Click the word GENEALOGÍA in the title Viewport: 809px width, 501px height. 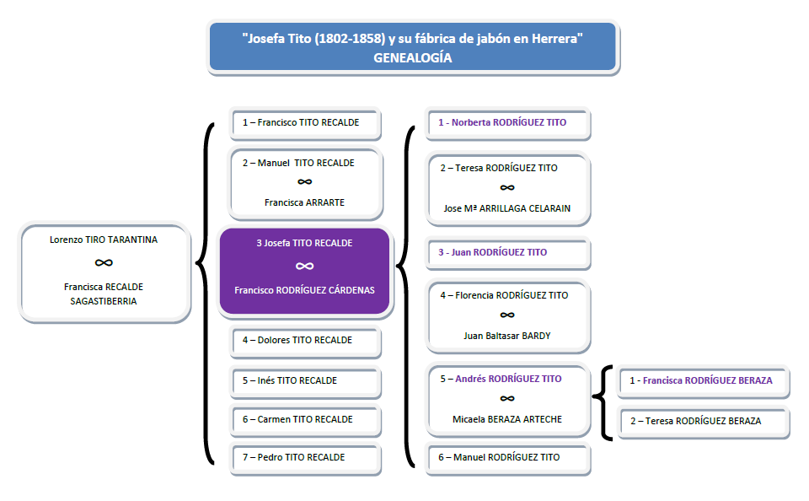[x=412, y=58]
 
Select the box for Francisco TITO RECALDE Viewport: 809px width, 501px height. [x=305, y=123]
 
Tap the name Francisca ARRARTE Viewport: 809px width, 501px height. [x=304, y=202]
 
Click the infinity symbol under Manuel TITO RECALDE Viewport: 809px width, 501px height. [x=304, y=182]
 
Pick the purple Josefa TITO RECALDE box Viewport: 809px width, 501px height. [x=304, y=271]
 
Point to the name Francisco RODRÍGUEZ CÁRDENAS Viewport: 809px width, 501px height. [x=304, y=290]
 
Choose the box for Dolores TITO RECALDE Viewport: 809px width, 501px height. [x=305, y=342]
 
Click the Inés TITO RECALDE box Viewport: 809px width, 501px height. [x=305, y=382]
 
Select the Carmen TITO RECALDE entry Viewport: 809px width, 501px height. [x=305, y=420]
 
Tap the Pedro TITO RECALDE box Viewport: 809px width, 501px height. [x=305, y=459]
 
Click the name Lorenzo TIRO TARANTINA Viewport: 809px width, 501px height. [x=103, y=240]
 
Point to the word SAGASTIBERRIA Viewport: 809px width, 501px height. [x=103, y=301]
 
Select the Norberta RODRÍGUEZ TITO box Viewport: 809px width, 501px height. [x=507, y=123]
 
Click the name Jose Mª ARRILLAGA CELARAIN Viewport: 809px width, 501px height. [x=506, y=208]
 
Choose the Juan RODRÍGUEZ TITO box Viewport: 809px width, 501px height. [x=507, y=253]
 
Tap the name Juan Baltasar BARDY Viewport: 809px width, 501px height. [x=506, y=336]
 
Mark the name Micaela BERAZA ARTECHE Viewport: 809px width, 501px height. [x=507, y=419]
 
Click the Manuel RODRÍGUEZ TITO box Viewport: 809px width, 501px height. [x=507, y=459]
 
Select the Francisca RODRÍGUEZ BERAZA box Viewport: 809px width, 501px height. [x=703, y=382]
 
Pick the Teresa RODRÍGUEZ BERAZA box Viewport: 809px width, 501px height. [x=703, y=422]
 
